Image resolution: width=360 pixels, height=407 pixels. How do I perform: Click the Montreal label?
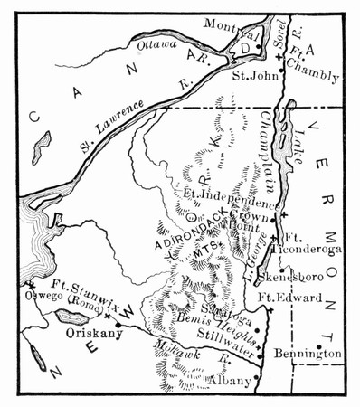225,23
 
